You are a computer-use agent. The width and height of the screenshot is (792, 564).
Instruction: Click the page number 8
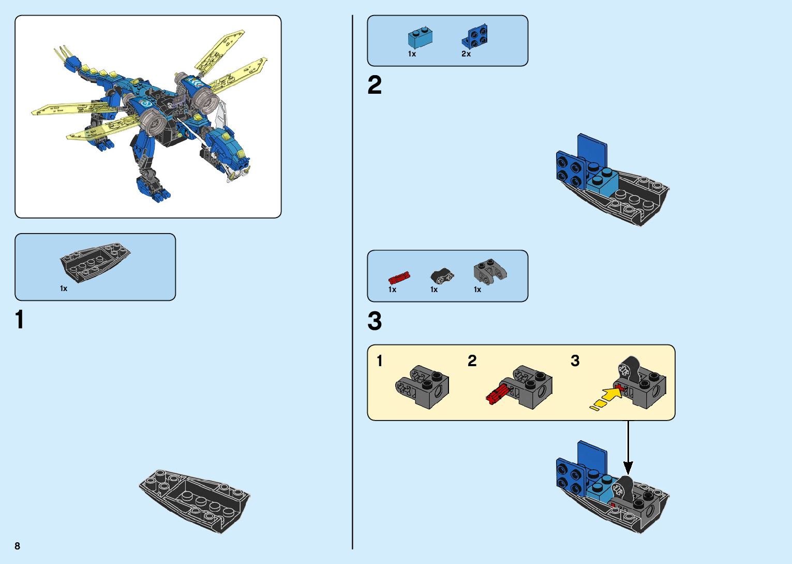point(18,546)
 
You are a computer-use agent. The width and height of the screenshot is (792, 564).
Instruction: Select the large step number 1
point(20,320)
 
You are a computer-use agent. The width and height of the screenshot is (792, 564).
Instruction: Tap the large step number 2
point(375,85)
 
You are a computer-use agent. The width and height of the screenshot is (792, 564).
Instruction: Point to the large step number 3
point(375,321)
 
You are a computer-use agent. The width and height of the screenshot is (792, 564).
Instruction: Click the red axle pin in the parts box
point(399,278)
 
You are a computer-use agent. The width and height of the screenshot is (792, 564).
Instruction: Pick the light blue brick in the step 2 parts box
point(420,37)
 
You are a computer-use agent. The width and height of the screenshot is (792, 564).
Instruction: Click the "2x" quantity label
point(466,54)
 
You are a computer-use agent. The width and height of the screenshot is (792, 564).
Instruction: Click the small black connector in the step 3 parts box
point(442,276)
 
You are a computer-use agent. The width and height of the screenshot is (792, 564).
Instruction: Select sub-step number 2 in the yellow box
point(472,361)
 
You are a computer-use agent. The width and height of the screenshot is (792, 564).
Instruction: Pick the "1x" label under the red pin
point(392,290)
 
